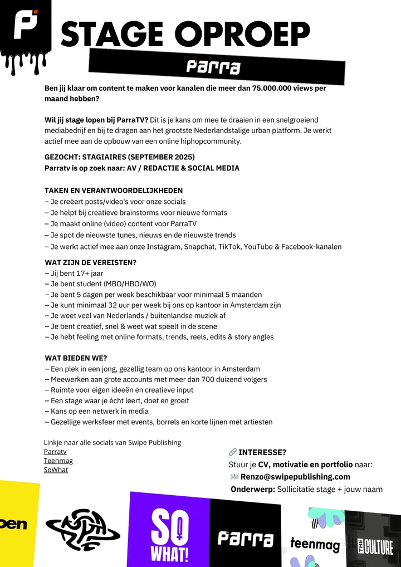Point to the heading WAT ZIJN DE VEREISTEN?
point(91,262)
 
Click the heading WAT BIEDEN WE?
point(76,358)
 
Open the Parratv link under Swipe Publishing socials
point(55,452)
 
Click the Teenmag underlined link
point(58,461)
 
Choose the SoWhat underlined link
point(56,470)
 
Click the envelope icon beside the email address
point(234,477)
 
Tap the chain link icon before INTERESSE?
point(233,452)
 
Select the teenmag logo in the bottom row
point(315,544)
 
